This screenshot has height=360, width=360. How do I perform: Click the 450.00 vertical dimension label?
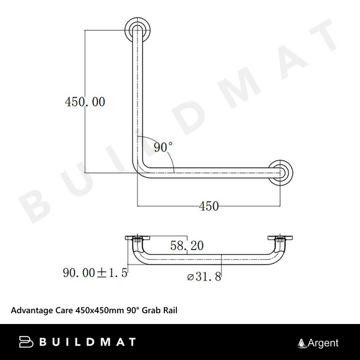tap(85, 102)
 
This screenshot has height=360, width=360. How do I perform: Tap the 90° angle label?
tap(163, 146)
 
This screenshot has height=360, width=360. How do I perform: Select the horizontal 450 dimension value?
tap(208, 206)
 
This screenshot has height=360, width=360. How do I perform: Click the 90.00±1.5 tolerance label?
tap(95, 272)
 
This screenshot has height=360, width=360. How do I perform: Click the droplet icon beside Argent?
tap(302, 343)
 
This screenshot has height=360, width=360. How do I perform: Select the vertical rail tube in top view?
tap(136, 96)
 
